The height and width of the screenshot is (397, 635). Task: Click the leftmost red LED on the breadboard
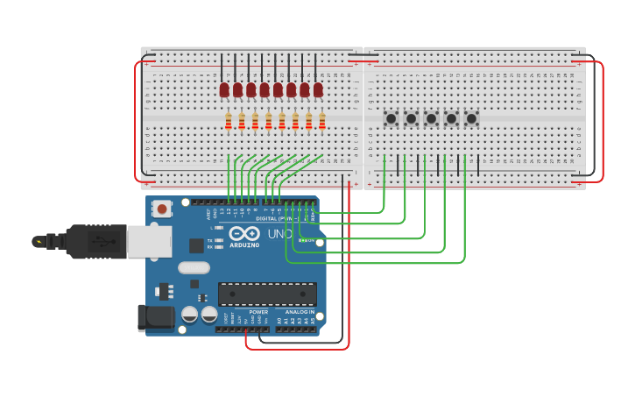coord(224,89)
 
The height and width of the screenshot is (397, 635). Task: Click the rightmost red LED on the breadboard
coord(318,89)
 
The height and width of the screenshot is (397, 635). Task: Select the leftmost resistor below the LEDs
coord(229,121)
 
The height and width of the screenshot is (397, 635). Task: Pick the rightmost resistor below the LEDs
coord(322,121)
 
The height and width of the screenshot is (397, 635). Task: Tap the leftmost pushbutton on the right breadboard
coord(391,118)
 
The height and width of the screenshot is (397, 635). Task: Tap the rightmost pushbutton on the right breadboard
coord(471,118)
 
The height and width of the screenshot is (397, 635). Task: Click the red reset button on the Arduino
coord(162,209)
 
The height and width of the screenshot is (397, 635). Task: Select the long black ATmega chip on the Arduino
coord(267,294)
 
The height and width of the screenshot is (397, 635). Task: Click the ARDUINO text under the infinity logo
coord(244,245)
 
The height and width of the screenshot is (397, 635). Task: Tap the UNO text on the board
coord(279,234)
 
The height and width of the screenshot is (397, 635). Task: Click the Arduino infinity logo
coord(244,234)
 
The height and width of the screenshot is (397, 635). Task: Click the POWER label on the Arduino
coord(258,312)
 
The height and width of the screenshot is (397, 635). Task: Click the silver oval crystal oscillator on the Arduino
coord(194,268)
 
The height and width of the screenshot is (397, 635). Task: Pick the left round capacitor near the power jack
coord(189,314)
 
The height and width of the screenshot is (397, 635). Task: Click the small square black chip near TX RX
coord(196,246)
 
